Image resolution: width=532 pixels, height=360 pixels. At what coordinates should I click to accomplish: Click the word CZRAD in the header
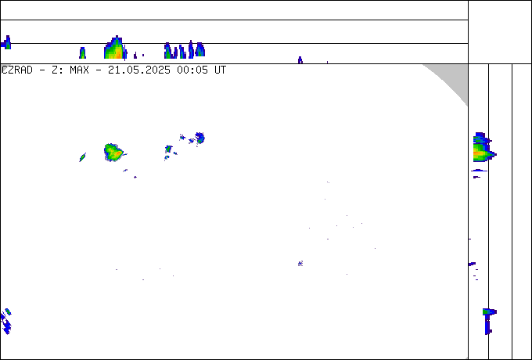(17, 70)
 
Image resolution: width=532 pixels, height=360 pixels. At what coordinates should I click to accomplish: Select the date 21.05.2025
(139, 70)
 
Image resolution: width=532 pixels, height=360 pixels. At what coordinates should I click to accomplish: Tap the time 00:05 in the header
(192, 70)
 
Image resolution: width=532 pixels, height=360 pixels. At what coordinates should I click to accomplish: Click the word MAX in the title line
(79, 70)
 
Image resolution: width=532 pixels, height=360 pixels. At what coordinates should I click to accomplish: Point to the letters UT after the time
(220, 70)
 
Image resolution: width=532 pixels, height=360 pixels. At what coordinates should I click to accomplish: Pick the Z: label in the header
(57, 70)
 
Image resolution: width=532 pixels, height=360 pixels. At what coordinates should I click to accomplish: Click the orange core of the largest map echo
(117, 154)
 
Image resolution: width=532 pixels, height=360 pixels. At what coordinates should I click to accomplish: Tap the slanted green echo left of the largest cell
(82, 157)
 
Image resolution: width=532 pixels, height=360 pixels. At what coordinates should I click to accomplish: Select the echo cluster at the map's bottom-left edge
(6, 321)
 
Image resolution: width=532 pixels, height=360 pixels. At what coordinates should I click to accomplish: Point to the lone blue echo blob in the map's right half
(300, 263)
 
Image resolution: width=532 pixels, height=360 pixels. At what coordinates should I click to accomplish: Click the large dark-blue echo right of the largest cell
(199, 138)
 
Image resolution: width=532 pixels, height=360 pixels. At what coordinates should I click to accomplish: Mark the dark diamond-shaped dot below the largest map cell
(135, 177)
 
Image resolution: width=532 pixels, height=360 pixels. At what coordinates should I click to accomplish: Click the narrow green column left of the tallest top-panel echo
(82, 53)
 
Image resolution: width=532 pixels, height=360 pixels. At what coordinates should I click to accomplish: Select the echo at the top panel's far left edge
(6, 43)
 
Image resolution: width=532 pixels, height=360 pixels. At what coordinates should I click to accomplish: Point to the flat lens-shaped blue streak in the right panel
(479, 171)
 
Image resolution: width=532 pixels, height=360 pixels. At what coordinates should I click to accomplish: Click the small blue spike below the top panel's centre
(300, 60)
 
